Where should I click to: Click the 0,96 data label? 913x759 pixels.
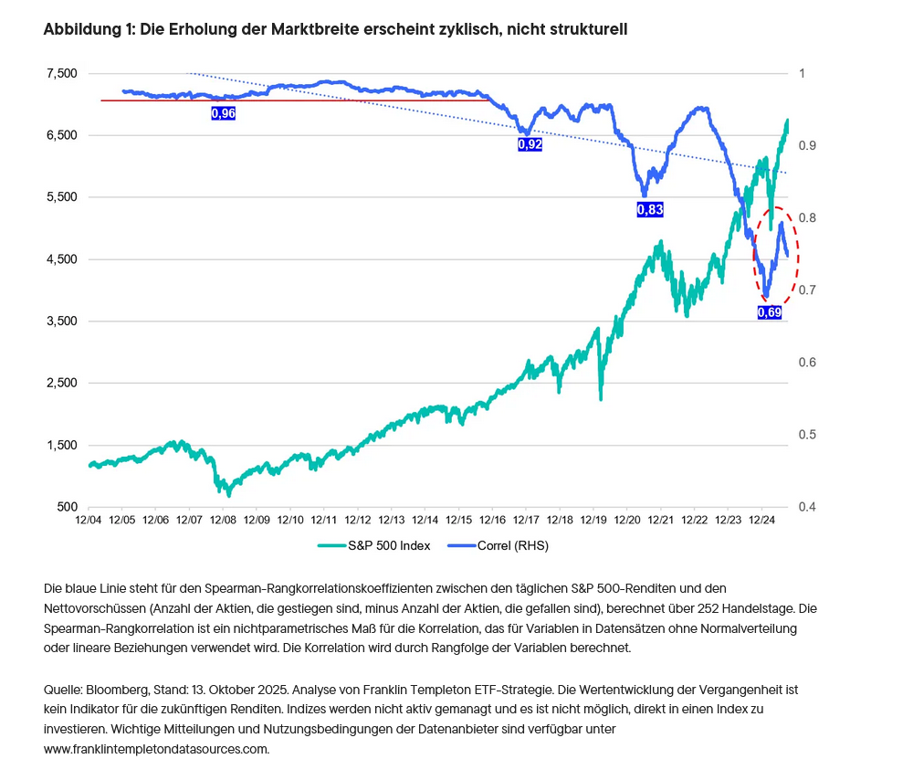point(223,113)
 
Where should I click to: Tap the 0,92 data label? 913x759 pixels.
point(530,144)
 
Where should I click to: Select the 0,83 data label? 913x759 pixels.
point(649,209)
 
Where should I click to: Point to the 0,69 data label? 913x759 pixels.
point(771,311)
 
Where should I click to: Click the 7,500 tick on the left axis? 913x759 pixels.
point(60,73)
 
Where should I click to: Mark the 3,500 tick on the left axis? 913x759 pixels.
point(60,322)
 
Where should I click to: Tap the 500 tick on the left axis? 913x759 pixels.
point(68,507)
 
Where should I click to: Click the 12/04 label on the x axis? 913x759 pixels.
point(88,520)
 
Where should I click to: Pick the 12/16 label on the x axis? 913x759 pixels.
point(493,520)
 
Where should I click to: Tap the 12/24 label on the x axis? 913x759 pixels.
point(762,520)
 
